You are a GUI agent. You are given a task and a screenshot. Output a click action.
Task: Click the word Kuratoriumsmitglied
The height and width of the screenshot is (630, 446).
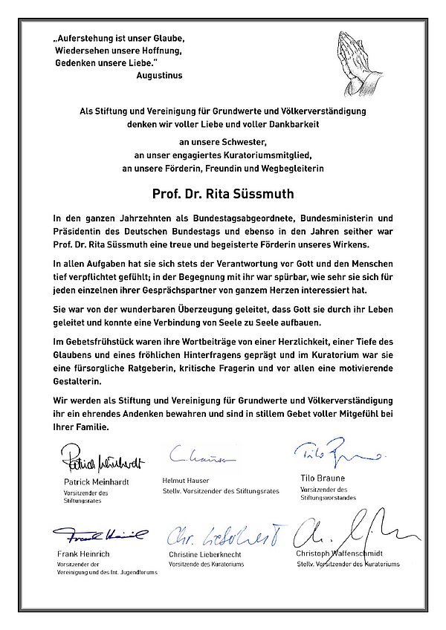click(x=260, y=156)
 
